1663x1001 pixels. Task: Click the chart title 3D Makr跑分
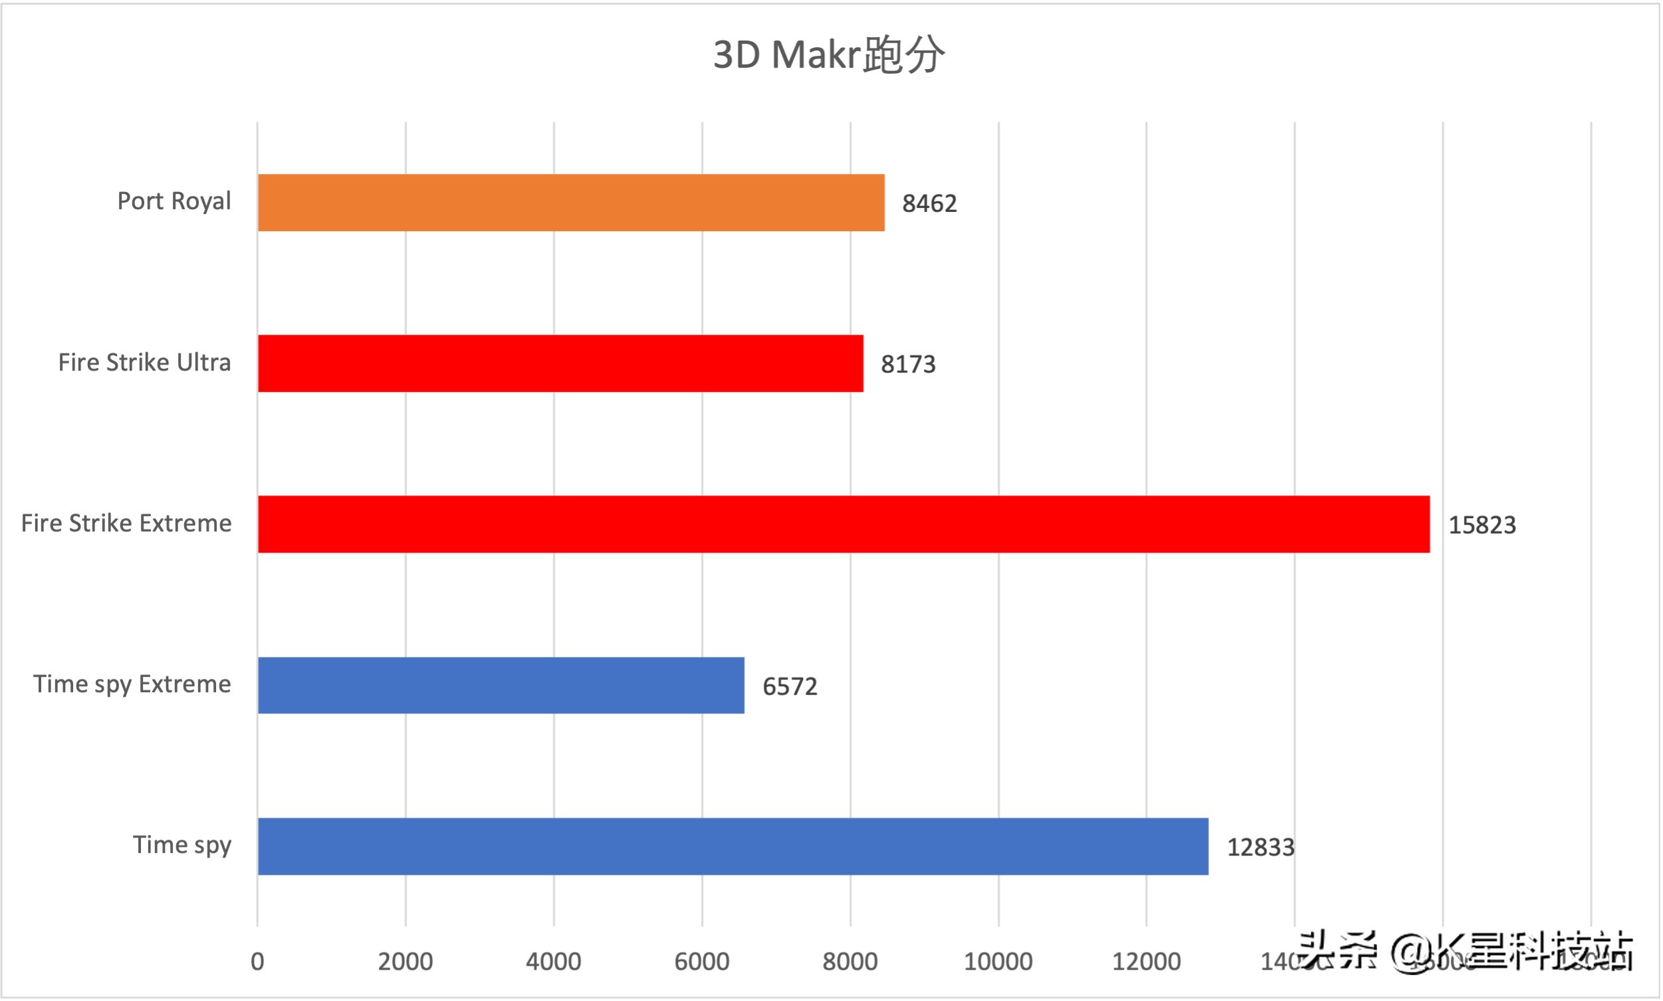pos(829,55)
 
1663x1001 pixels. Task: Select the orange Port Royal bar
pos(571,203)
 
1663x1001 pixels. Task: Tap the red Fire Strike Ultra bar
pos(560,363)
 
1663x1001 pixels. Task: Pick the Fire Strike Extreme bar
pos(843,525)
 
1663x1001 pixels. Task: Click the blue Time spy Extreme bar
pos(500,686)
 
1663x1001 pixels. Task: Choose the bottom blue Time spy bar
pos(733,847)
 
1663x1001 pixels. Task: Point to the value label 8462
pos(929,204)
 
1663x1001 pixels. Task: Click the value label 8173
pos(908,365)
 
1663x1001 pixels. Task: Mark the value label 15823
pos(1482,525)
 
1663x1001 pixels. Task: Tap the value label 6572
pos(790,687)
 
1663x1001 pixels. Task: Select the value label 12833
pos(1260,848)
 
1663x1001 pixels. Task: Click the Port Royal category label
pos(174,202)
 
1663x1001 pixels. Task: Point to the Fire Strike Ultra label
pos(144,363)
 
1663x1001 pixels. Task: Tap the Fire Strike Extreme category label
pos(126,524)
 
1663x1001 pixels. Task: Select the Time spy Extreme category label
pos(132,685)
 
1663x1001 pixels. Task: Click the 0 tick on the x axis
pos(257,962)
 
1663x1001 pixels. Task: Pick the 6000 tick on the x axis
pos(702,962)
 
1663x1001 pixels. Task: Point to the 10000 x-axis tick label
pos(998,962)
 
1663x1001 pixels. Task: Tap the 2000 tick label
pos(405,962)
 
